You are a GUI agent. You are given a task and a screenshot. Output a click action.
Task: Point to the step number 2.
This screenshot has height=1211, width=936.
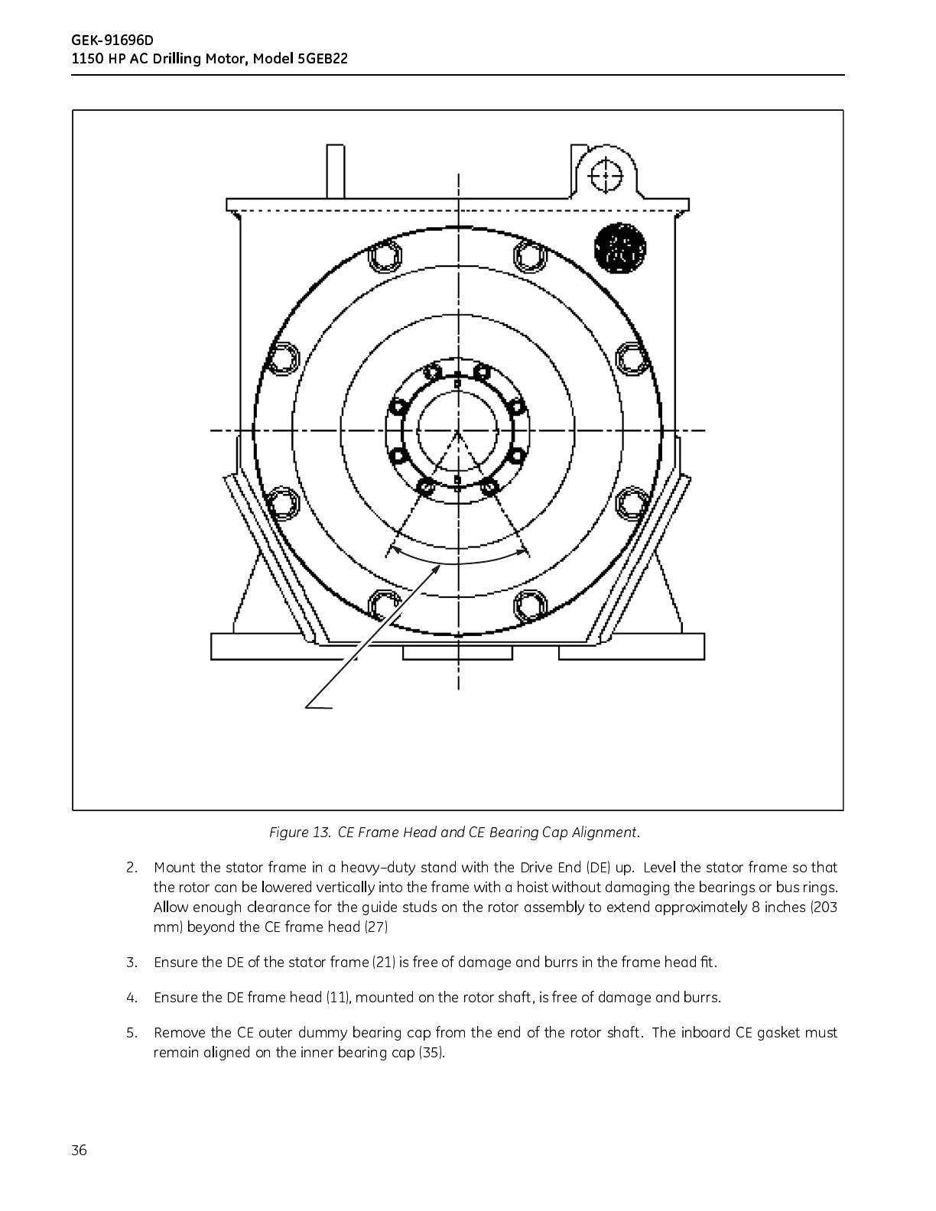pos(132,868)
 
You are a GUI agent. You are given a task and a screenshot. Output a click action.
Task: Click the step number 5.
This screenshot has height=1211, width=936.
pos(132,1033)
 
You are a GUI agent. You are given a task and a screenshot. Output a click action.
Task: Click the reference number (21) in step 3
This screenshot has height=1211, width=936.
pos(383,963)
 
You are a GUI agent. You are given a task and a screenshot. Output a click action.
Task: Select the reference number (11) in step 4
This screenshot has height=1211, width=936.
pos(338,998)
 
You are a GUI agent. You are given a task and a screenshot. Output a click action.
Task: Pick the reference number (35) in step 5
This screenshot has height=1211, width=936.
pos(431,1053)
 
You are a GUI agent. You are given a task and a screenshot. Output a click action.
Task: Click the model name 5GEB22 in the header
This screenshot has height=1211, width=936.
pos(322,59)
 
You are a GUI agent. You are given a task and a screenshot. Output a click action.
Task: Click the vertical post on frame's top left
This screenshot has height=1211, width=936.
pos(335,171)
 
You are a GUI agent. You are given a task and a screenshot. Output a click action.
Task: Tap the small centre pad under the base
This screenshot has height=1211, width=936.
pos(459,652)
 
